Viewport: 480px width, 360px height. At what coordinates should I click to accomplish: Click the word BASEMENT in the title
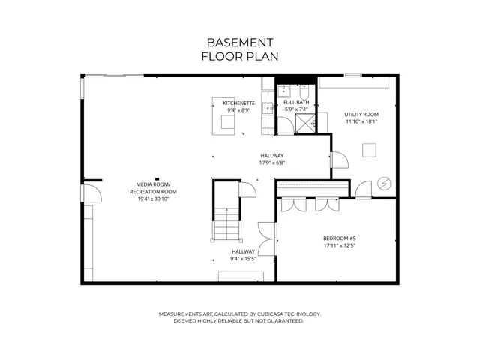240,43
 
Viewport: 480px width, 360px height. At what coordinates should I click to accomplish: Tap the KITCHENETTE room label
238,103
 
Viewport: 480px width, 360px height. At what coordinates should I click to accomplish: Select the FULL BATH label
296,102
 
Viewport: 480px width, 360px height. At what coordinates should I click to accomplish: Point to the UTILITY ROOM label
361,115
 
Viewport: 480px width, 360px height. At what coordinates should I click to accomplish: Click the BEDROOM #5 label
340,238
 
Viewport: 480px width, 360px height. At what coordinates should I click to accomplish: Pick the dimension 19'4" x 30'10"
153,199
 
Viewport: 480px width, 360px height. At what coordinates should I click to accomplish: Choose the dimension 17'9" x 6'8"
272,163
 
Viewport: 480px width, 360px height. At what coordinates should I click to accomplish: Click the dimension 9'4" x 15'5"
243,259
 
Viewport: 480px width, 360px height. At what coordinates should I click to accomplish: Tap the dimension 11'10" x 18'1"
361,121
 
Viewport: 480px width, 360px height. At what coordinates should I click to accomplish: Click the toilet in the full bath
304,91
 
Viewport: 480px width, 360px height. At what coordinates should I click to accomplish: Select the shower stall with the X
305,123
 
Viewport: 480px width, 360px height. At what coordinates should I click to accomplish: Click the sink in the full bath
283,91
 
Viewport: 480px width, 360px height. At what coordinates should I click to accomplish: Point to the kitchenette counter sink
268,108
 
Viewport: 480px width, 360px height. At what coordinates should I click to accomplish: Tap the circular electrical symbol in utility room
384,184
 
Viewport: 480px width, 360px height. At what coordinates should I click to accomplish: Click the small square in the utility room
370,150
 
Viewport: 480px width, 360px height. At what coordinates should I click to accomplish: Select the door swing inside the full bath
285,125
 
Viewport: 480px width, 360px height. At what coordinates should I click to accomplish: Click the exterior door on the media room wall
91,193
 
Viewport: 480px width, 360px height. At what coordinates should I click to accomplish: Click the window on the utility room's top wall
352,75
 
